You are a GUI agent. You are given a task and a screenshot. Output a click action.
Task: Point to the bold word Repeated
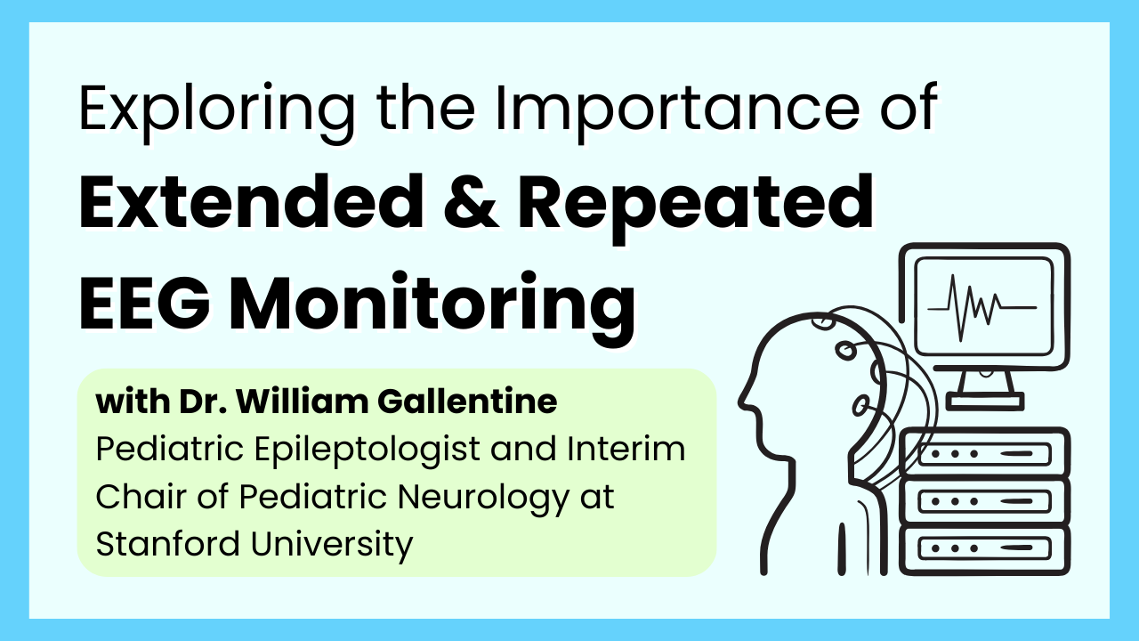pyautogui.click(x=694, y=204)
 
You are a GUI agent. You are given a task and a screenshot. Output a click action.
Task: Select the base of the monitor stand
pyautogui.click(x=983, y=402)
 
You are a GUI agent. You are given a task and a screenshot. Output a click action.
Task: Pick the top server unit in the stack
pyautogui.click(x=984, y=455)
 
